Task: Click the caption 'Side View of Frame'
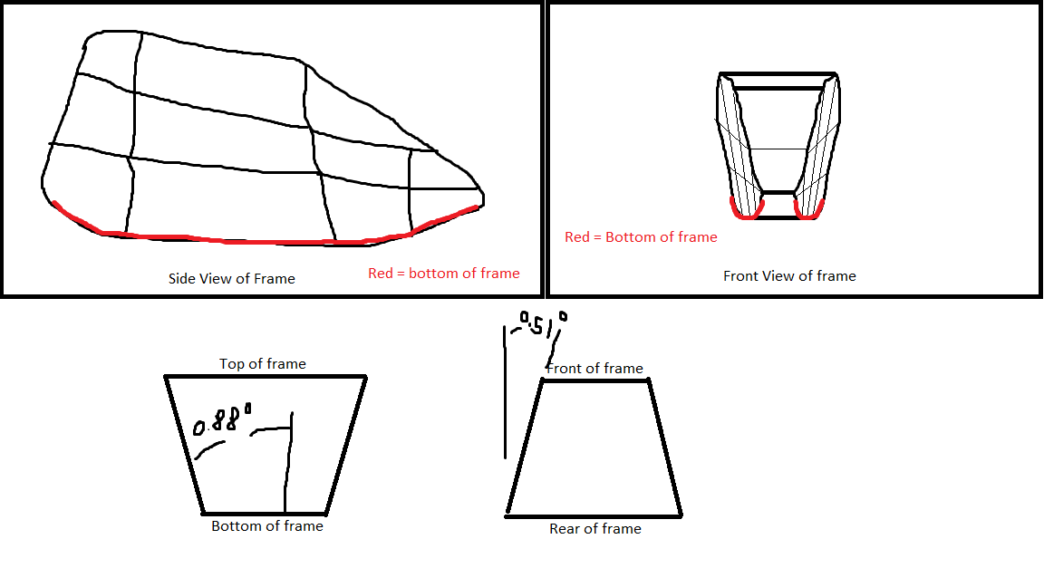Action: pos(232,278)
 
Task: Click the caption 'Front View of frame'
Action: pos(789,275)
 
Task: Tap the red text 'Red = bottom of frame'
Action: pos(444,273)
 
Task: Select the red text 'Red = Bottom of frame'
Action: pos(641,236)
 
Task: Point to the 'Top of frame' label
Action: pos(263,363)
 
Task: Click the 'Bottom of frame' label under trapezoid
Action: pos(267,525)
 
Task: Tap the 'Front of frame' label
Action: pos(595,368)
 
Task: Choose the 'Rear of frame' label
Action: pos(595,528)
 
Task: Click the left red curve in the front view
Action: pos(746,211)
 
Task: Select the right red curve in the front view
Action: pos(808,211)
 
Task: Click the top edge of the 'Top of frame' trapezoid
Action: pos(266,376)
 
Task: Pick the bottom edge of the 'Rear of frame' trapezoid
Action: pos(594,515)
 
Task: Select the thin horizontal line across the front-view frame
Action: pos(778,149)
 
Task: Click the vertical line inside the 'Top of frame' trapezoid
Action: pos(288,467)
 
